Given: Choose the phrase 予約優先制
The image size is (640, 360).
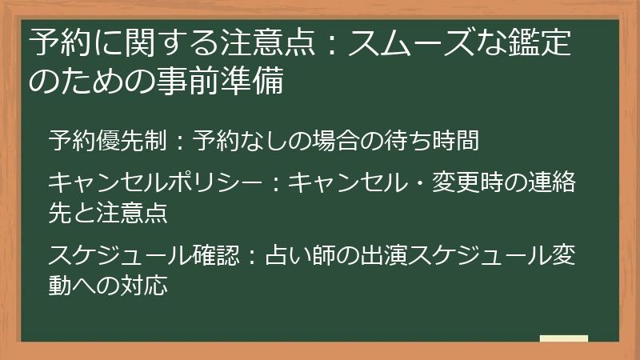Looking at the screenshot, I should click(107, 142).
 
